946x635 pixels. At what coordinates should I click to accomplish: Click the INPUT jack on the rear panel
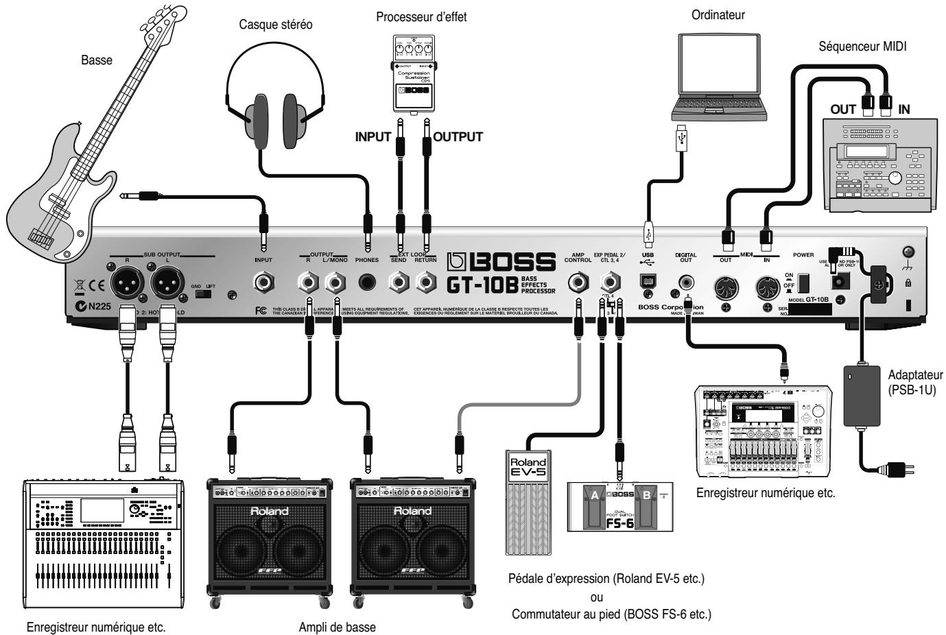pos(263,282)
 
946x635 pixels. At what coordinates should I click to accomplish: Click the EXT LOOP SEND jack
pos(399,282)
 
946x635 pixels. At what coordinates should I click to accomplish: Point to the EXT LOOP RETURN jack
pos(427,282)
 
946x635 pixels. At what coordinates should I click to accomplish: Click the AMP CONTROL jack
pos(578,282)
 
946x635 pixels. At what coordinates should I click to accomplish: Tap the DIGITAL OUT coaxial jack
pos(685,281)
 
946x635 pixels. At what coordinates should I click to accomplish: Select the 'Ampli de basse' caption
pos(338,626)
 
